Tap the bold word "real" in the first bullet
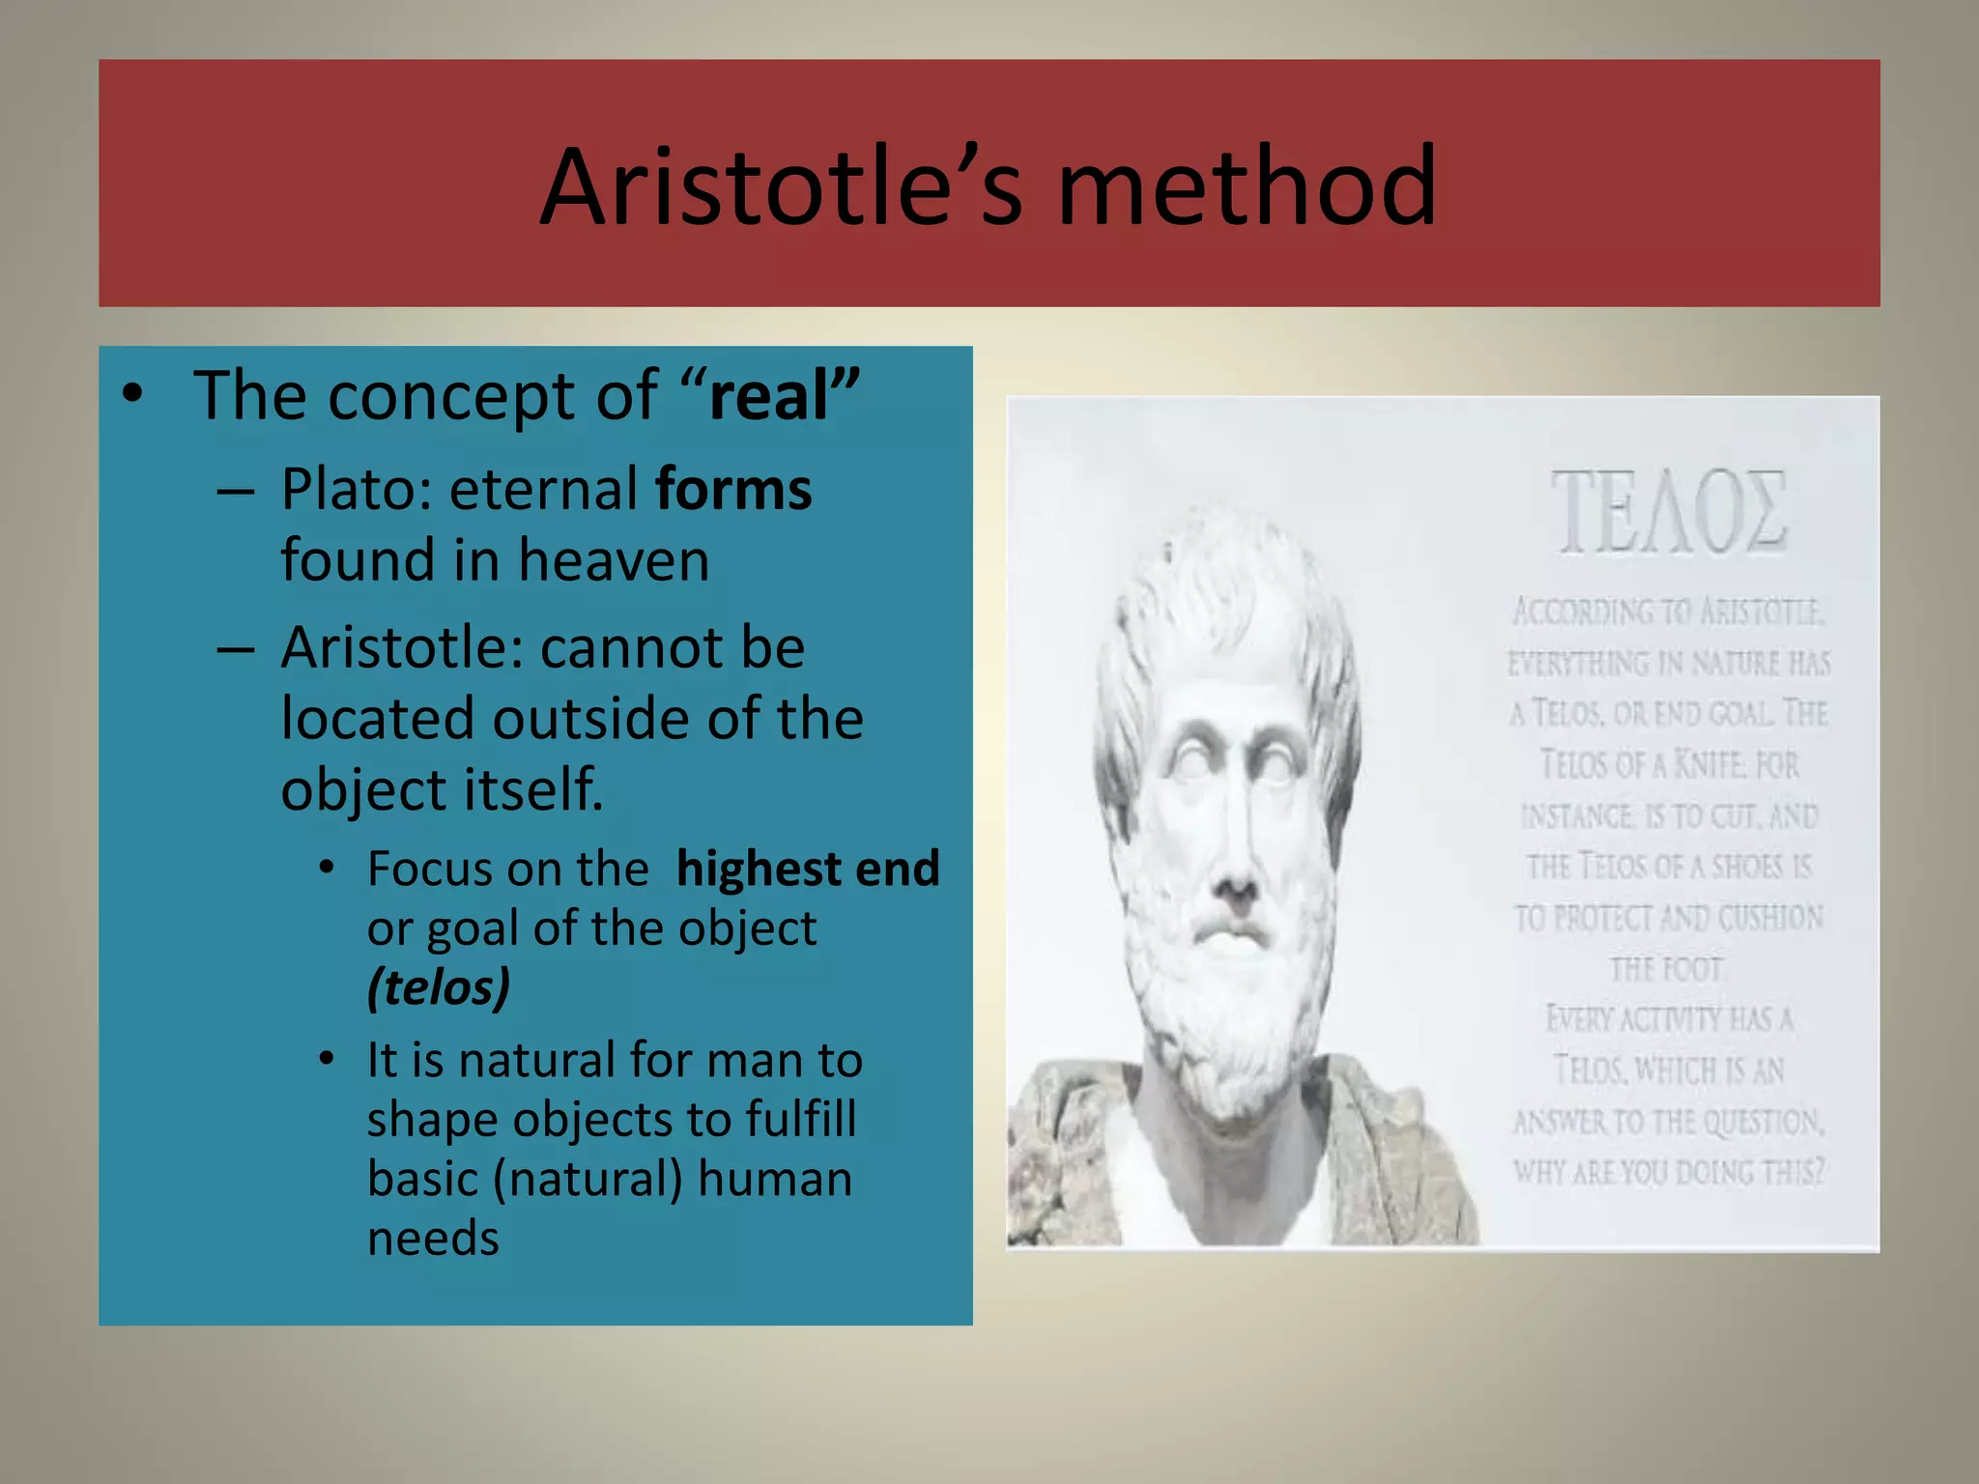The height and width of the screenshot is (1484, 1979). point(769,396)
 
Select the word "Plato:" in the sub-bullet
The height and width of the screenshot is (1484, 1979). point(357,489)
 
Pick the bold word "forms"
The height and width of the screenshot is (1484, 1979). point(733,489)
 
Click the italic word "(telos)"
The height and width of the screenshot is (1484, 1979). point(438,987)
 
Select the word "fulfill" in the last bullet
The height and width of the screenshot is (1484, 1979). point(801,1120)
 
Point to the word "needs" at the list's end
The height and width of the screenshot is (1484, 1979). point(433,1239)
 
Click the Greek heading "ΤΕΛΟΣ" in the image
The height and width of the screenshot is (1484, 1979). point(1669,512)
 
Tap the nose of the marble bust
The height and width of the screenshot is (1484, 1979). point(1234,870)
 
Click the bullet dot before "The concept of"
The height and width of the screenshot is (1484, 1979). point(132,395)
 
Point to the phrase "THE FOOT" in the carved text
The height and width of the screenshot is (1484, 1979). point(1666,969)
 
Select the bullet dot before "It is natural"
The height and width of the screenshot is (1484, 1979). point(328,1060)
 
